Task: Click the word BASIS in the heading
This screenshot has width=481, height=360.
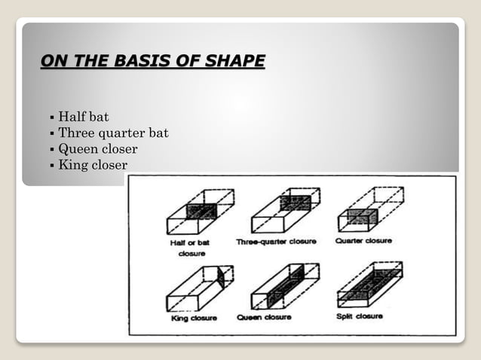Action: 143,60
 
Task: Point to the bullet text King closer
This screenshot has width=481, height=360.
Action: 93,165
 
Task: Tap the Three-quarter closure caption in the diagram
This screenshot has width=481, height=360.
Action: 276,242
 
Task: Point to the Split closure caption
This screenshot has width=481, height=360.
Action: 359,316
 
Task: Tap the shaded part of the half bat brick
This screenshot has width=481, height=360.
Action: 202,212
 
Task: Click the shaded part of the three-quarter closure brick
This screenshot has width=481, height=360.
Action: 295,203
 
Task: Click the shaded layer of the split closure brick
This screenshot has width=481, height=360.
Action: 369,285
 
